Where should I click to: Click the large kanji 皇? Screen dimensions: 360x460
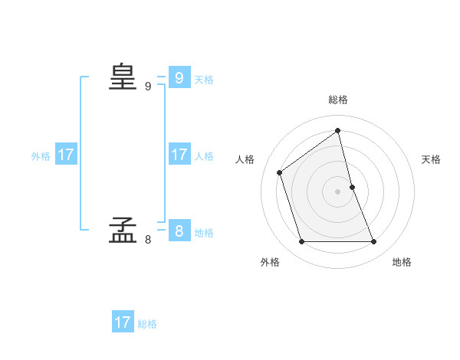coord(123,77)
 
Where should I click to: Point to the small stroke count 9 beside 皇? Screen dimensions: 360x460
coord(148,87)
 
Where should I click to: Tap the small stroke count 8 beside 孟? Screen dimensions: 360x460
coord(148,240)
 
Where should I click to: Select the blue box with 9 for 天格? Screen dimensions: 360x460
coord(179,78)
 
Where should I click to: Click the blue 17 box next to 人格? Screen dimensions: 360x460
coord(179,155)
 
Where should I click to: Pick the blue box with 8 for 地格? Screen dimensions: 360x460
coord(179,231)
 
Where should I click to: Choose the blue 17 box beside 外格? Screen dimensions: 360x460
coord(66,155)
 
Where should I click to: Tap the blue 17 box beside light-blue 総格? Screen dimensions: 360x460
coord(123,322)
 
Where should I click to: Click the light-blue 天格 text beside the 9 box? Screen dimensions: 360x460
coord(204,80)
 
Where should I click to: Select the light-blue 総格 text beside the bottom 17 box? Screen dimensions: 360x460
coord(147,324)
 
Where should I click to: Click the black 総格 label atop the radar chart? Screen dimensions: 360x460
coord(338,100)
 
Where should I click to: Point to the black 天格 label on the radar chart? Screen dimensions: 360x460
coord(431,159)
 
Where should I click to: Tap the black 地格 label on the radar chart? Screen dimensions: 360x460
coord(402,262)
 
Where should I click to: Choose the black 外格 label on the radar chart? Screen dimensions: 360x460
coord(270,262)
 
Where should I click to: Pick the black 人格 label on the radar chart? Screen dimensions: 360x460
coord(245,159)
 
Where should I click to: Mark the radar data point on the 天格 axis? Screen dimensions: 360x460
coord(352,187)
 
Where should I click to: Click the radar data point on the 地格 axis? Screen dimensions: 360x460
coord(374,242)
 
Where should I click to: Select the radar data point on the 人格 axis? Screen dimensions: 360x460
coord(280,172)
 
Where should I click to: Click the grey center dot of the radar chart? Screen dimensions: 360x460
coord(338,191)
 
